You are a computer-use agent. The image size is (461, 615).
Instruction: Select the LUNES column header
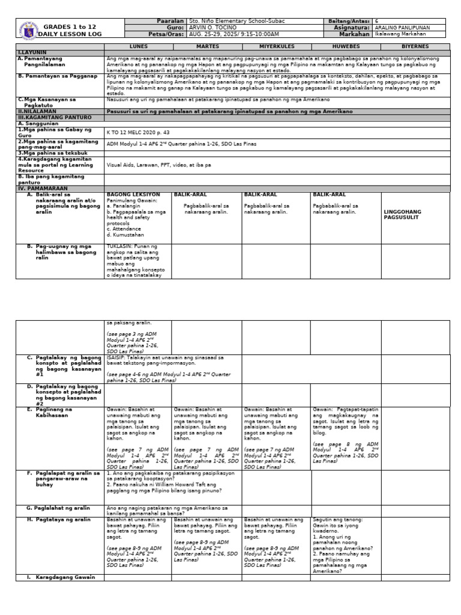pyautogui.click(x=139, y=46)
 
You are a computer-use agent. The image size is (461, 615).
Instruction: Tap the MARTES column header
pyautogui.click(x=206, y=46)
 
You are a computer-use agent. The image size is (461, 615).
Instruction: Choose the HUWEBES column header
pyautogui.click(x=345, y=46)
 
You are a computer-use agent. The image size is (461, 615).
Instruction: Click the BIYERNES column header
pyautogui.click(x=415, y=46)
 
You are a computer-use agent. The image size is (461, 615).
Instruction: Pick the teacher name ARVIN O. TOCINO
pyautogui.click(x=212, y=28)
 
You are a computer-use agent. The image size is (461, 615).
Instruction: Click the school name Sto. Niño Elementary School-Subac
pyautogui.click(x=237, y=21)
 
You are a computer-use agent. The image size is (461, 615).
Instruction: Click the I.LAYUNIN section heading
pyautogui.click(x=28, y=53)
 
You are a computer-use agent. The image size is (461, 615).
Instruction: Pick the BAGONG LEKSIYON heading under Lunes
pyautogui.click(x=133, y=195)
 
